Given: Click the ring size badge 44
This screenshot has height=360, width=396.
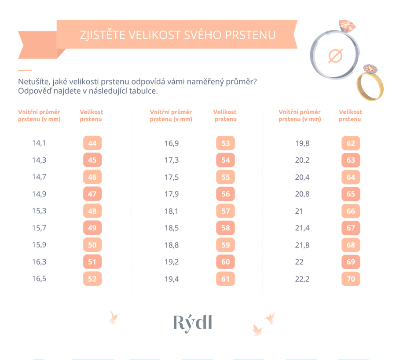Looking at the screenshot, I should tap(92, 143).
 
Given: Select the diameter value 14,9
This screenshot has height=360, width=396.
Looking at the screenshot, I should tap(39, 194).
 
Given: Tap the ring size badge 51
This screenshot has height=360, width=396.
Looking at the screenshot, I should tap(92, 262).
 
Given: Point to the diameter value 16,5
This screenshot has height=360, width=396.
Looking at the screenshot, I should tap(39, 279).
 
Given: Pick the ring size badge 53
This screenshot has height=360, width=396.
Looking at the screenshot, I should tap(225, 143).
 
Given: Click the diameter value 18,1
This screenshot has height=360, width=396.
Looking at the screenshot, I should tap(172, 211).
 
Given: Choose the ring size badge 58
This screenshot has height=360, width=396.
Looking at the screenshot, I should tap(225, 228).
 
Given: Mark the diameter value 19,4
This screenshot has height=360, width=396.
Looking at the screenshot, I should tap(172, 279).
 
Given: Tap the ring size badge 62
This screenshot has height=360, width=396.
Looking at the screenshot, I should tap(351, 143).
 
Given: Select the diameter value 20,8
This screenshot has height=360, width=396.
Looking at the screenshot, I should tap(302, 194).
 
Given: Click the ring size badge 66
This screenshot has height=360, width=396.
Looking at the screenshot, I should tap(351, 211).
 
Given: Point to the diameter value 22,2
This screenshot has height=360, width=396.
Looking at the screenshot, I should tap(302, 279).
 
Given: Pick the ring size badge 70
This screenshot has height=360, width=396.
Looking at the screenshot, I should tap(351, 279).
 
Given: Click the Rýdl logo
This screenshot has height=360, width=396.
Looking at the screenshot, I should tap(193, 324).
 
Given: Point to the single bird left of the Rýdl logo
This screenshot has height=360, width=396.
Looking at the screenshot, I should tap(114, 317).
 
